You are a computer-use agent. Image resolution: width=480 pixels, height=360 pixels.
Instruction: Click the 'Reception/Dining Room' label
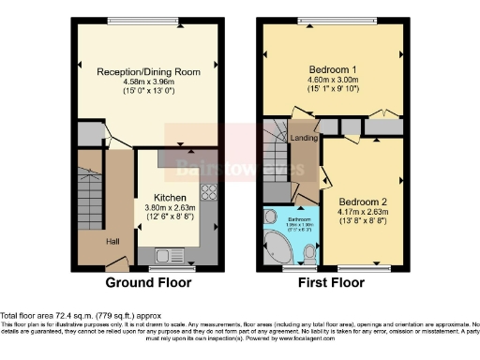(149, 70)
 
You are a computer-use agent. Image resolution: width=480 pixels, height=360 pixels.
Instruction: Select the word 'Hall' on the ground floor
(112, 242)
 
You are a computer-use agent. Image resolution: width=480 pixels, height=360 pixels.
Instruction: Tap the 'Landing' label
(304, 141)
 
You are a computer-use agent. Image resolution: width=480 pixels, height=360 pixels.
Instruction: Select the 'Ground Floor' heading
(148, 282)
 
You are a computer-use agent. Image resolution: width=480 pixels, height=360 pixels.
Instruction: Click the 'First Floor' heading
(332, 282)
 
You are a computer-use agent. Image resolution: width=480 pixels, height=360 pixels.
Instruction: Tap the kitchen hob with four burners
(208, 195)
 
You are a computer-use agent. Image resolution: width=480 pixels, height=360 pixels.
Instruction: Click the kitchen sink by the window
(168, 253)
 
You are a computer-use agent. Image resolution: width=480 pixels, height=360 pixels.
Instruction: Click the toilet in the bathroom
(309, 250)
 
